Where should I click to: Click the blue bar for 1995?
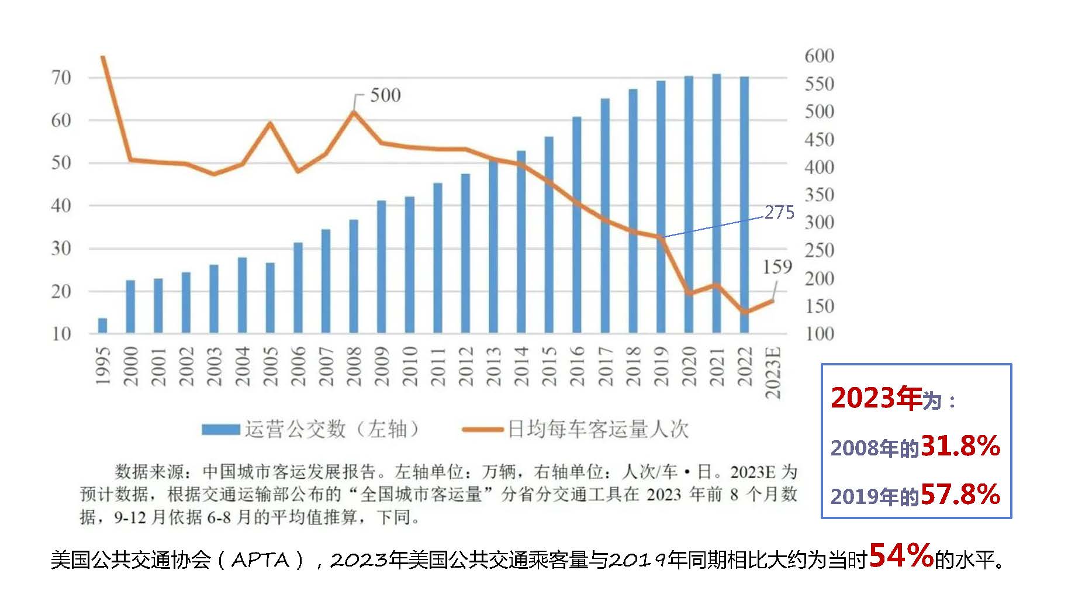tap(103, 326)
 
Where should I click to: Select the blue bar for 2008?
tap(354, 277)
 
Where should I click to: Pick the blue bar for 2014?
tap(521, 242)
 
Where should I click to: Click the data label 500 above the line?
tap(385, 95)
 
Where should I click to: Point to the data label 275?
tap(779, 212)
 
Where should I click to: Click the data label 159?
tap(777, 267)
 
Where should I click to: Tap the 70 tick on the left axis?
tap(61, 78)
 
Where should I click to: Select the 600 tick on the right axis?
tap(819, 56)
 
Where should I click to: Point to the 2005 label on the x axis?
tap(269, 366)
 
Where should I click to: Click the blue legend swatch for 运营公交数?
tap(220, 430)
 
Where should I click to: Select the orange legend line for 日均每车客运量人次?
tap(482, 430)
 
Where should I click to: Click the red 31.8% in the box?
tap(960, 446)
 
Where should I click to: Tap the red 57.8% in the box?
tap(960, 495)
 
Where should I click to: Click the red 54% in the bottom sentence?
tap(901, 556)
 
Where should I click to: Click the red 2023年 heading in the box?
tap(876, 398)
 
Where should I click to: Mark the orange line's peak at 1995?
tap(103, 57)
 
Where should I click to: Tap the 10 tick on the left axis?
tap(61, 334)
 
